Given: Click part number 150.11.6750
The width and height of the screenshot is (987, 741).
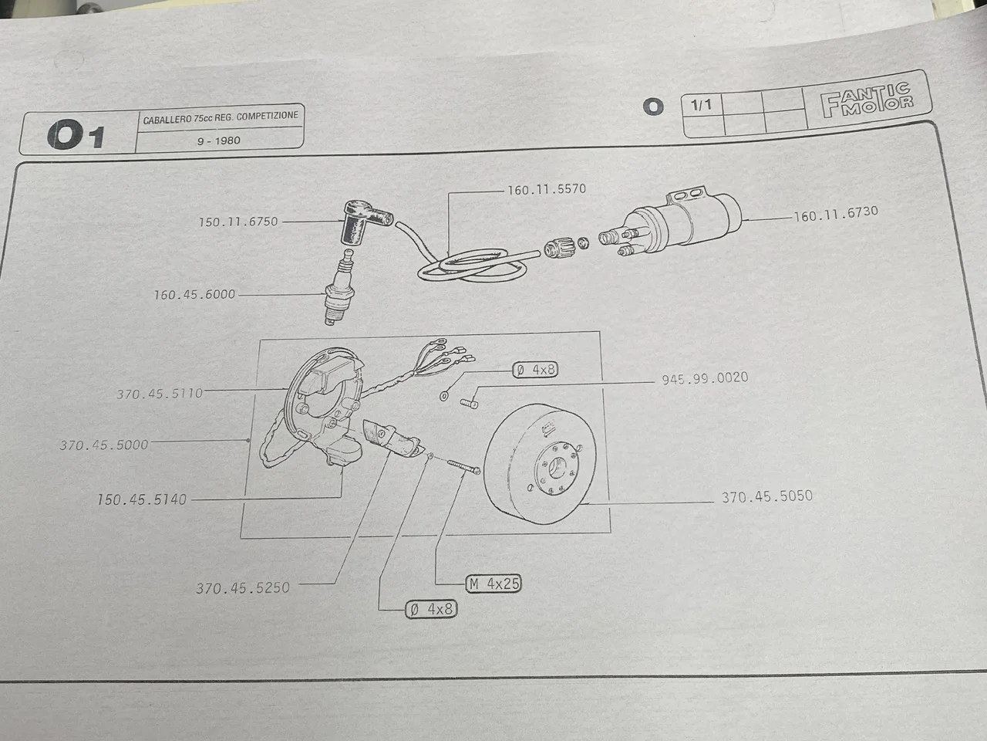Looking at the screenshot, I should (237, 222).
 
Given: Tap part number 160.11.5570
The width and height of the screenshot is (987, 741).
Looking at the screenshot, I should (546, 190).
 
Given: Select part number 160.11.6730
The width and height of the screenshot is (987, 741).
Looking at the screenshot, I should (835, 214).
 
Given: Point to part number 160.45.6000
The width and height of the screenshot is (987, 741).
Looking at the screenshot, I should (194, 295).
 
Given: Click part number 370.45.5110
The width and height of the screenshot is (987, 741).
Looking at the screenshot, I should (160, 394).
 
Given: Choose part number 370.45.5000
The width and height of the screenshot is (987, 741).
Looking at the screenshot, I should (103, 445).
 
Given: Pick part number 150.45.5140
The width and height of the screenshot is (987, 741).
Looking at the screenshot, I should (141, 499).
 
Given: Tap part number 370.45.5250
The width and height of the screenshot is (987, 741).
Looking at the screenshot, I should (242, 587).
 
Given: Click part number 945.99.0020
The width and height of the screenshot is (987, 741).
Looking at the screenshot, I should (704, 379).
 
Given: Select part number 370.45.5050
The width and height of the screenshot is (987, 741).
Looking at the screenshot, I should (766, 497).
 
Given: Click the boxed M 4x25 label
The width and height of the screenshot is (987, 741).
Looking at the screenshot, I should (493, 584).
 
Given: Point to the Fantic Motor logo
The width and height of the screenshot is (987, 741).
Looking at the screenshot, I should (866, 102).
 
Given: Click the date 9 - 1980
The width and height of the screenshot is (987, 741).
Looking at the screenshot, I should (218, 140).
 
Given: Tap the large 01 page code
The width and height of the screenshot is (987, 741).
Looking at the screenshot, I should (75, 137).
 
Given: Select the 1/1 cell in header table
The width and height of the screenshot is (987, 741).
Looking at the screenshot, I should (702, 104).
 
